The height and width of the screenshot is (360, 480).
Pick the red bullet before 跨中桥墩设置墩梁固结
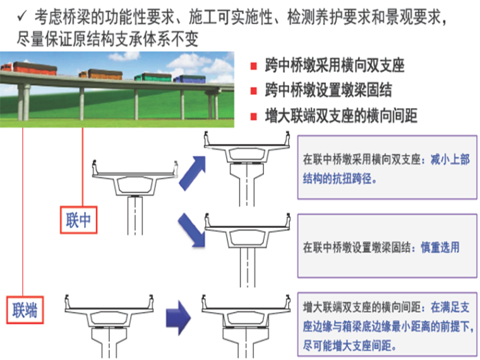(253, 91)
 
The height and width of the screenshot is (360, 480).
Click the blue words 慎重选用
(441, 248)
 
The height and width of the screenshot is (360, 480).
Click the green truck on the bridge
(153, 76)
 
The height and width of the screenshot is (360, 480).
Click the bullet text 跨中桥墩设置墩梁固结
(328, 91)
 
